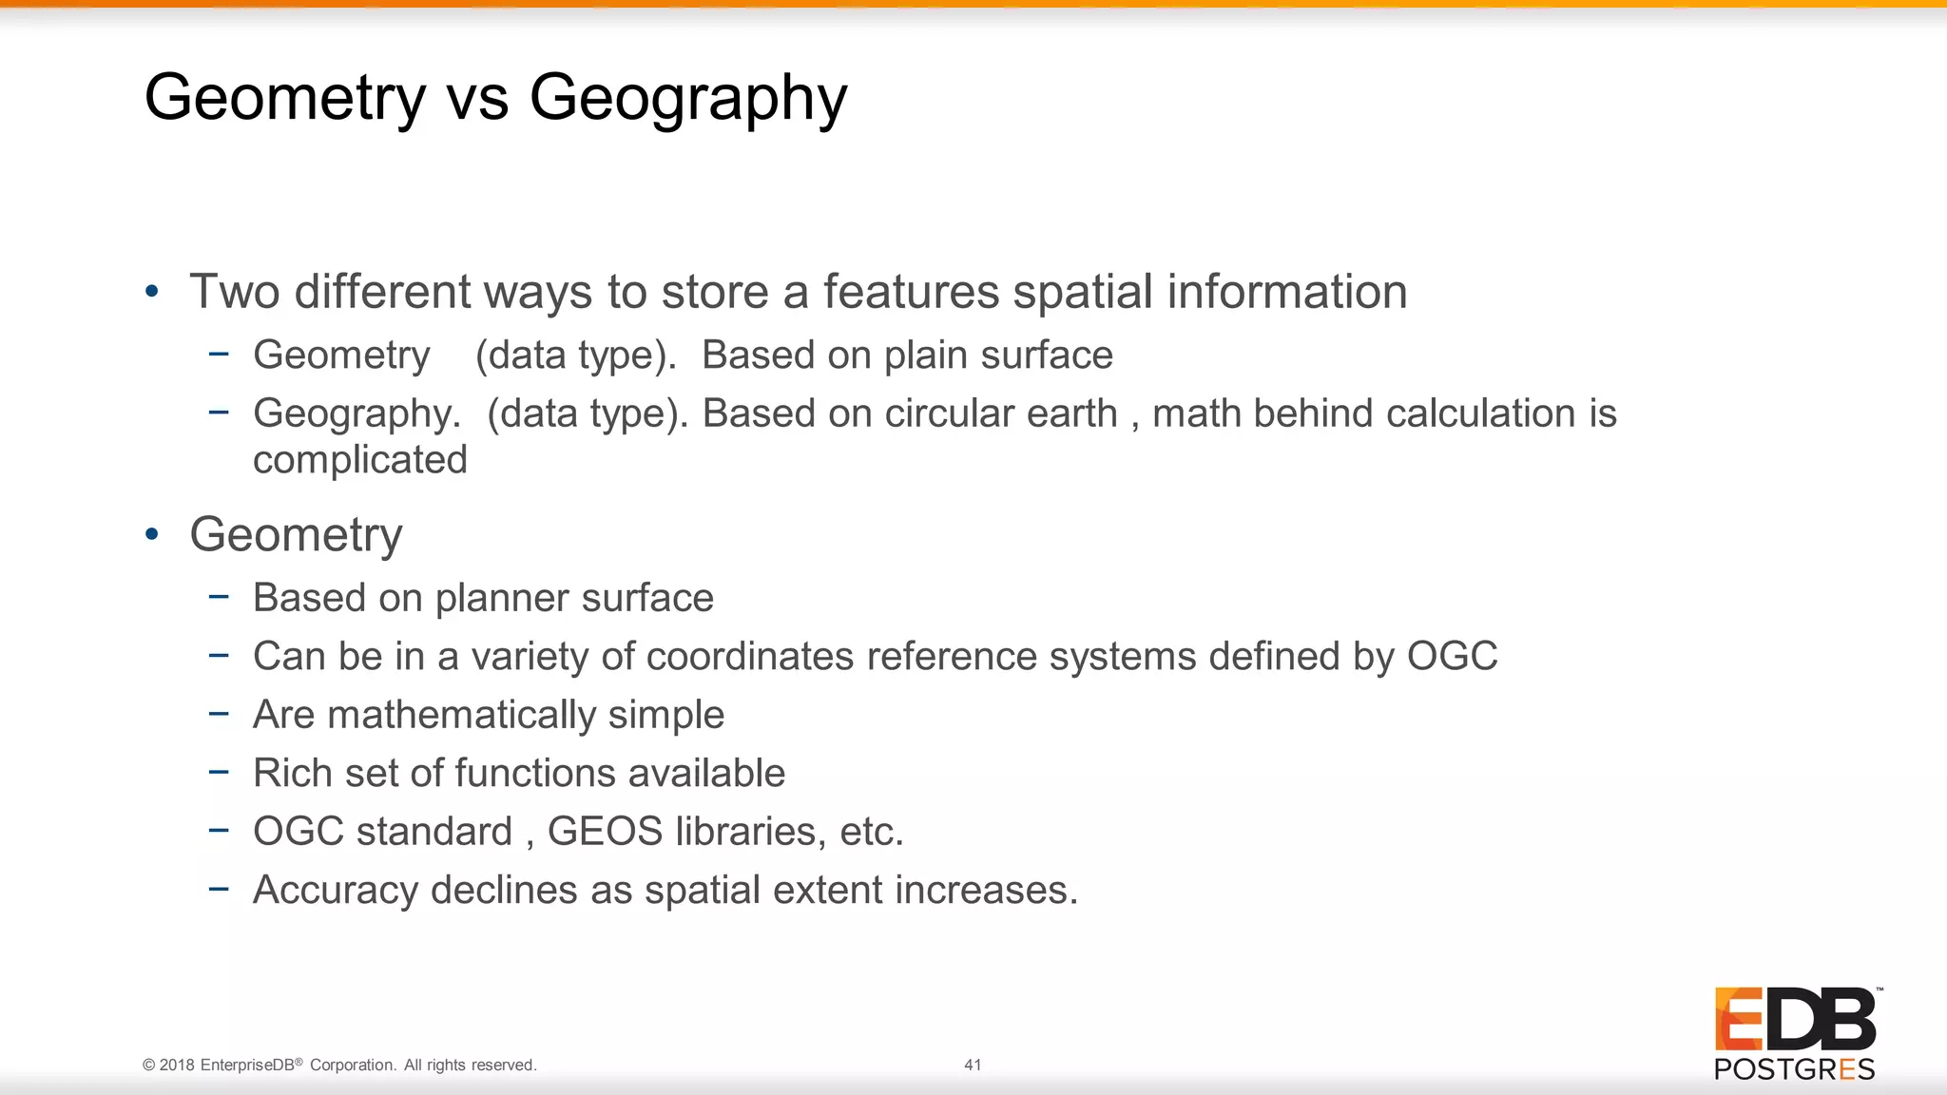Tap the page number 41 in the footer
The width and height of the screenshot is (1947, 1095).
973,1065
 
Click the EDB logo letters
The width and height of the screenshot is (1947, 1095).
1795,1020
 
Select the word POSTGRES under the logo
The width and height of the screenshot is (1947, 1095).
1794,1069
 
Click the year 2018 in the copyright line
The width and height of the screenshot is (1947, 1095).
178,1065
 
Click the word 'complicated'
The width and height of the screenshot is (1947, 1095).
360,460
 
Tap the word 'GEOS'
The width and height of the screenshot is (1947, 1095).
605,832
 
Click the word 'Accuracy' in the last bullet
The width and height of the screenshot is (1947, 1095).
336,891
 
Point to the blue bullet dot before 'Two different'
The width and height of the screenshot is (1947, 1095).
152,292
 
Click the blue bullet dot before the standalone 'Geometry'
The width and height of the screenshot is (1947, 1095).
152,534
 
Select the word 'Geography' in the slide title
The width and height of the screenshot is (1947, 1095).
687,100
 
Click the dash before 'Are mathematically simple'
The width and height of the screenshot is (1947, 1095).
219,713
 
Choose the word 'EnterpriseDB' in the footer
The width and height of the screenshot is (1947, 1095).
247,1065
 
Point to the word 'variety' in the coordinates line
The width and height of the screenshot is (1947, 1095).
530,657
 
